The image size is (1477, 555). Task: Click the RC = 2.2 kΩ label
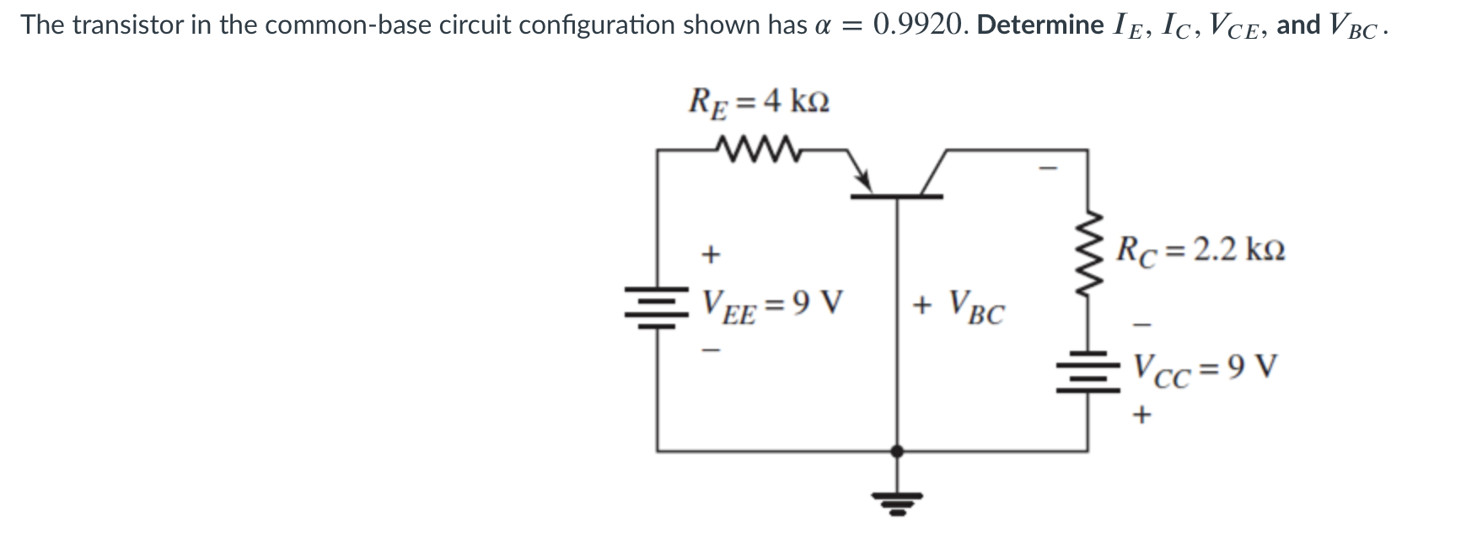tap(1200, 250)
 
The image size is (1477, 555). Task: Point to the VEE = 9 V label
tap(772, 303)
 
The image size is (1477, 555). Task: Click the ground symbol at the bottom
tap(897, 504)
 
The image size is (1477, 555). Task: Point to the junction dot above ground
tap(897, 451)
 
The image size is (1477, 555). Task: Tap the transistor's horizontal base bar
tap(896, 197)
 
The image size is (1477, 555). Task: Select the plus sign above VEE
tap(711, 252)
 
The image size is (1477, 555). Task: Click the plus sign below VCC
tap(1142, 414)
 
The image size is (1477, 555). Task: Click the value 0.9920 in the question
tap(920, 24)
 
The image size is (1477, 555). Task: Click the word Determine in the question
tap(1039, 24)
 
